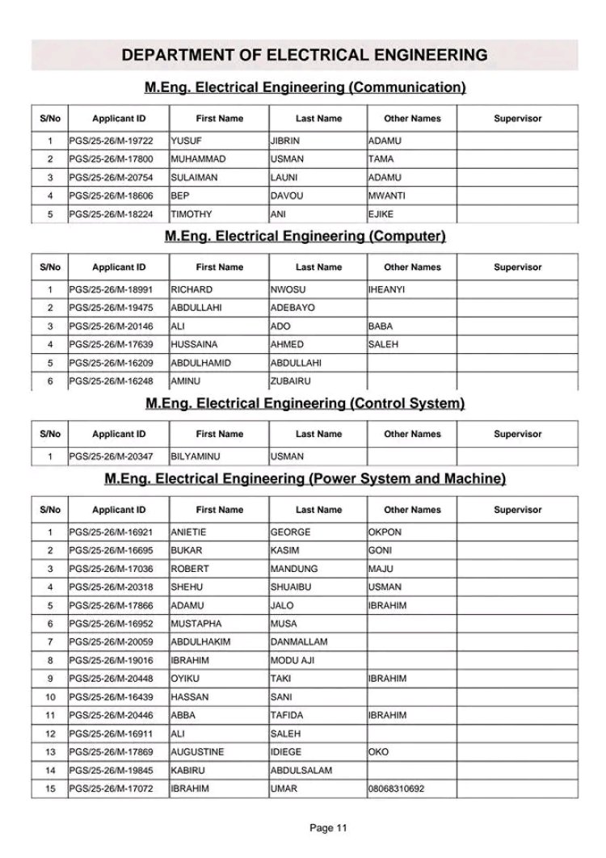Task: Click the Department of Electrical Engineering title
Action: [x=304, y=55]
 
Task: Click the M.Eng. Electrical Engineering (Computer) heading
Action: [x=305, y=236]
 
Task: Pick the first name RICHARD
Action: [x=191, y=289]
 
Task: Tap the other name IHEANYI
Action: [x=386, y=289]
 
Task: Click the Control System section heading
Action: [x=305, y=403]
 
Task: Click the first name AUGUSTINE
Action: [x=197, y=752]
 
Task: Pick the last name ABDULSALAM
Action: [x=301, y=771]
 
